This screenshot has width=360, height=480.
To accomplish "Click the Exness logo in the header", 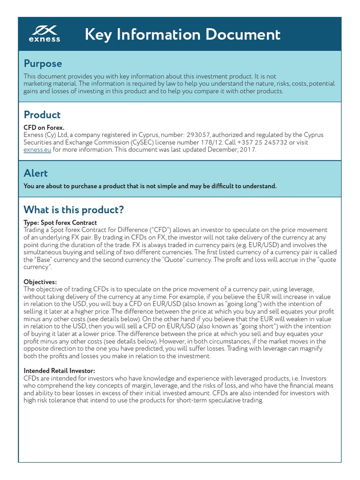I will (x=45, y=34).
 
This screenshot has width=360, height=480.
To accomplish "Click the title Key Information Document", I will (x=183, y=34).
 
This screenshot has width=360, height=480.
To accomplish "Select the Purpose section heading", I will (x=43, y=63).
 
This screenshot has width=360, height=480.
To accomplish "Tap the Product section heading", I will (x=42, y=115).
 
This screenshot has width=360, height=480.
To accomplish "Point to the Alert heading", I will (x=36, y=173).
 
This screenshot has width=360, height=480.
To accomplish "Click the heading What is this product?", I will (x=74, y=210).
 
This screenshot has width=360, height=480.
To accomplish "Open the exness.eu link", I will (x=37, y=150).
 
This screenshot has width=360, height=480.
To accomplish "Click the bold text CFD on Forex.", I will (x=44, y=127).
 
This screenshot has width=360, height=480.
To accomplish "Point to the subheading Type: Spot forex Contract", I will (x=60, y=222).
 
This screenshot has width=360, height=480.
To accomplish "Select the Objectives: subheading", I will (x=40, y=282).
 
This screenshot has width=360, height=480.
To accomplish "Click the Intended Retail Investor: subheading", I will (x=59, y=371).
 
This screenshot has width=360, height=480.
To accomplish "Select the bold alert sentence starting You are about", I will (x=150, y=186).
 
